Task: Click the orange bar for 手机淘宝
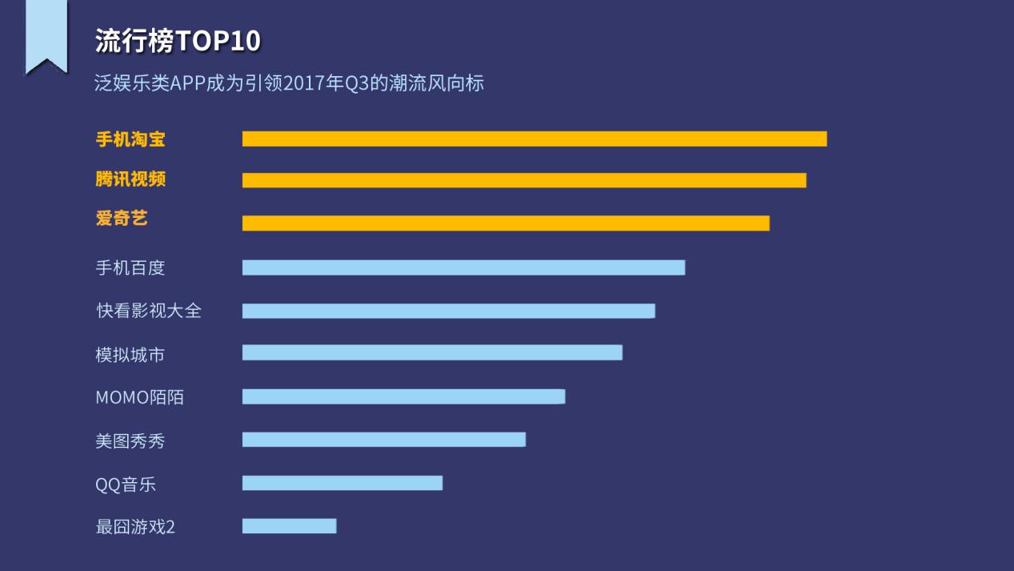(x=534, y=139)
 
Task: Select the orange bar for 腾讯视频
(x=524, y=180)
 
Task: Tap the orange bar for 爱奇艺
(x=506, y=223)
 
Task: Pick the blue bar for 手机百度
(x=463, y=267)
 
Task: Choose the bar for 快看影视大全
(x=448, y=311)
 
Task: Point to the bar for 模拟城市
(x=432, y=352)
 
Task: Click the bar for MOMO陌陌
(x=403, y=396)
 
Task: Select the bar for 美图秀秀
(x=384, y=440)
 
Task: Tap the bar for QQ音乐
(x=343, y=483)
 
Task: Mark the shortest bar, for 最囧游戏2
(x=289, y=526)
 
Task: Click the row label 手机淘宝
(x=130, y=139)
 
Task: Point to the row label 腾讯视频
(x=130, y=179)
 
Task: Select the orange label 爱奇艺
(x=122, y=218)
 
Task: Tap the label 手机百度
(x=130, y=267)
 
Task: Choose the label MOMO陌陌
(x=139, y=397)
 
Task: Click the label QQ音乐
(x=126, y=485)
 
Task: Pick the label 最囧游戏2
(x=135, y=527)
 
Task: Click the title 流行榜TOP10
(x=178, y=42)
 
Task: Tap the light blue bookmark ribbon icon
(x=46, y=36)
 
